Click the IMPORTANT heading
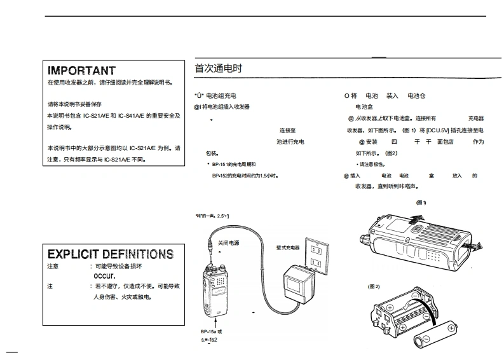tap(81, 71)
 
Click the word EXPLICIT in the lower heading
tap(71, 254)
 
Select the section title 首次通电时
tap(219, 68)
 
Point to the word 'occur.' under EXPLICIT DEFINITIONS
tap(104, 277)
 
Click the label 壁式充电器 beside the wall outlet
tap(287, 247)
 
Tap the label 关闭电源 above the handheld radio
tap(229, 243)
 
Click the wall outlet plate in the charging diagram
tap(316, 257)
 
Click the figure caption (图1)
tap(421, 203)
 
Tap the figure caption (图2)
tap(374, 286)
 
